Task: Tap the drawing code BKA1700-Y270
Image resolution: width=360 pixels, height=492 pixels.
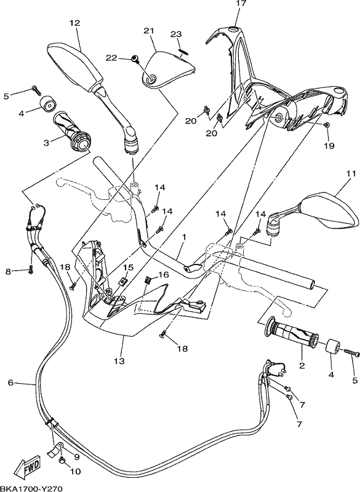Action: point(31,488)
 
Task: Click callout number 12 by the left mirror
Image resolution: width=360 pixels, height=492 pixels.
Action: point(74,23)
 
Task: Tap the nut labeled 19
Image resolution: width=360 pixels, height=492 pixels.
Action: point(327,125)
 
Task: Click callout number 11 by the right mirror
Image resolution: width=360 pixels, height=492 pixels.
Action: point(351,173)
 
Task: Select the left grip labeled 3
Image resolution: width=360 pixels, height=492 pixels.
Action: point(71,132)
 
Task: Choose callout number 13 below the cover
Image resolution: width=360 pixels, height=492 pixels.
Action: point(119,361)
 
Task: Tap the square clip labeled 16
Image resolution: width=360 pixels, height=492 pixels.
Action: point(148,280)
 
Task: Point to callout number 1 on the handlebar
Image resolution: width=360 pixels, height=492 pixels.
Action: point(184,237)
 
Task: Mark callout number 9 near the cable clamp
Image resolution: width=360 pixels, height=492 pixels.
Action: point(76,457)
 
